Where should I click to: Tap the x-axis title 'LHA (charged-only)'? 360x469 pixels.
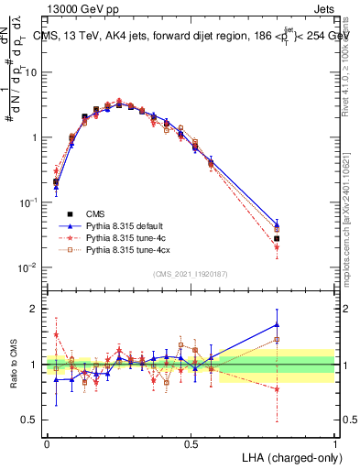coord(288,456)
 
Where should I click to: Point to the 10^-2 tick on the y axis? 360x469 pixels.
coord(32,267)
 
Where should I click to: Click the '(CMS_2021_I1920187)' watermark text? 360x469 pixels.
coord(191,274)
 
